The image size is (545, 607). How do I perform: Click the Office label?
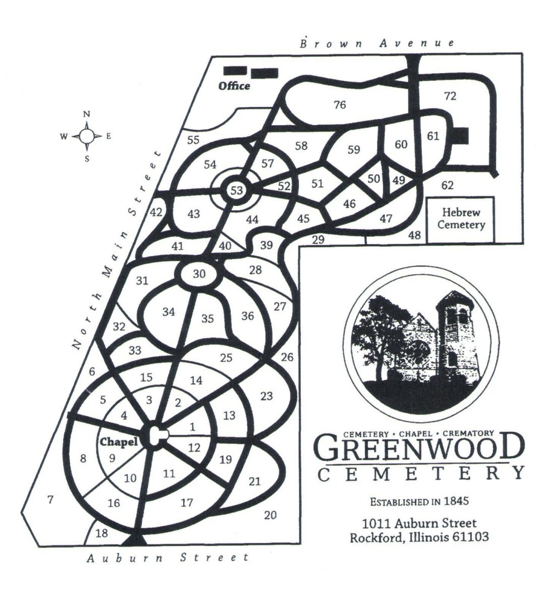click(234, 86)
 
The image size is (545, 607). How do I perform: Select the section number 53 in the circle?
click(237, 190)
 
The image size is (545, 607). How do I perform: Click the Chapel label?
click(119, 442)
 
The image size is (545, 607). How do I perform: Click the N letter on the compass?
click(87, 114)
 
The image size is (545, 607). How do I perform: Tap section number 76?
click(340, 105)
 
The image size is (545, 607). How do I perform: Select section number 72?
click(450, 96)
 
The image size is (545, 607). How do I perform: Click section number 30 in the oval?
click(199, 274)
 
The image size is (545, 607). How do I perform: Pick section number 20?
click(270, 515)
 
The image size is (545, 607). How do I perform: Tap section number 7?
click(50, 500)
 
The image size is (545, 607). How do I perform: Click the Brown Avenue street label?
click(377, 43)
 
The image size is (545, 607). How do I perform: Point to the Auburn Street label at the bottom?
click(168, 558)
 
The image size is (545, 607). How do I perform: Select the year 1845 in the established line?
click(456, 502)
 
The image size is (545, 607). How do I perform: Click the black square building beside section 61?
click(462, 135)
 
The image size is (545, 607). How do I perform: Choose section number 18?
click(101, 533)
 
